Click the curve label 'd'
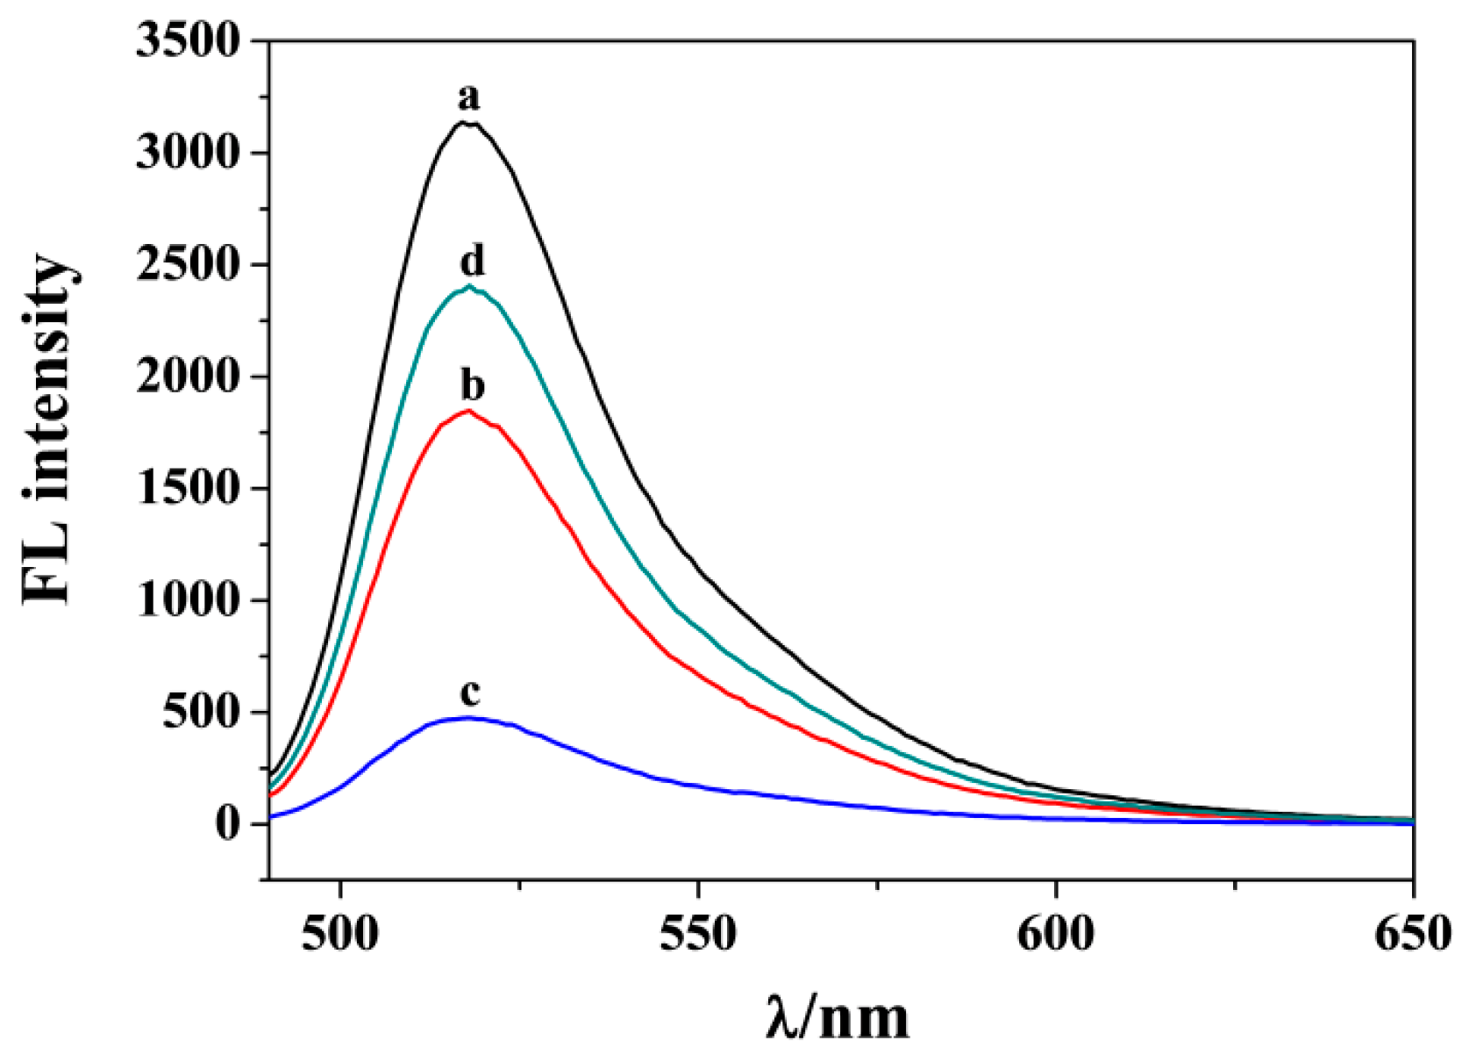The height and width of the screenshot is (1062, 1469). point(472,261)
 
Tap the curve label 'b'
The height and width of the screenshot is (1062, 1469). point(472,385)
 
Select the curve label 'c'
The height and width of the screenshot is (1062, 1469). point(470,693)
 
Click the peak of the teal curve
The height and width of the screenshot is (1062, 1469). point(470,286)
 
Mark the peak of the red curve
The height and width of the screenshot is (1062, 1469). point(469,410)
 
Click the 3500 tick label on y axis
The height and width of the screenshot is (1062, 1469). point(188,41)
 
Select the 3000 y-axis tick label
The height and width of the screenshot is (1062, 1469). point(188,154)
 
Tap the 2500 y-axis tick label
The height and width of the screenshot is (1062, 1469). point(188,265)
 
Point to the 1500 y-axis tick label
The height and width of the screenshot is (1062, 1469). point(188,489)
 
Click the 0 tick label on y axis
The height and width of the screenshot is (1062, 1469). point(227,824)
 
